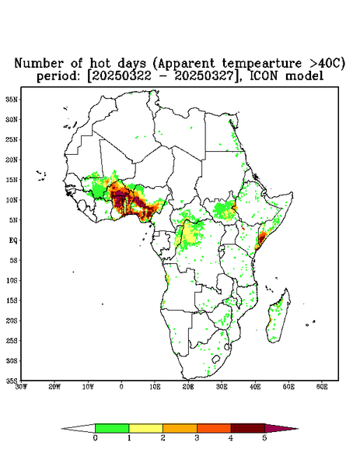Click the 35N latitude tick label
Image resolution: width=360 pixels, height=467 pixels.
pos(12,99)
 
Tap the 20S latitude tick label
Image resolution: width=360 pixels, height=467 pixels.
pos(12,321)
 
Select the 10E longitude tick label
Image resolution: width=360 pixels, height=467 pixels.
pos(155,387)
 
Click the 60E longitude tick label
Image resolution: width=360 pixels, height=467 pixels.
pos(322,387)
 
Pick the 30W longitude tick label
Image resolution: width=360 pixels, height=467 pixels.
pos(21,387)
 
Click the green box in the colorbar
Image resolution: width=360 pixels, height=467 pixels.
pos(112,428)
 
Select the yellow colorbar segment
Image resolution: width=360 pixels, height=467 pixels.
pos(145,428)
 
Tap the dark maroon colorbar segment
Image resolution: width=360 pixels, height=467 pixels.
pos(248,428)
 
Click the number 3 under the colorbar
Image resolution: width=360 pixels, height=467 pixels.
pos(197,438)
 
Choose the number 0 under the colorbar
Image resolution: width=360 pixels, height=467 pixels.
pos(95,438)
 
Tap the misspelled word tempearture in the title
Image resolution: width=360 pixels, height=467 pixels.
pos(257,64)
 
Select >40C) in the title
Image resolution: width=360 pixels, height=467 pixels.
pos(323,64)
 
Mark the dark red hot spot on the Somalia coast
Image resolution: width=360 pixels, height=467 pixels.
pos(261,238)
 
